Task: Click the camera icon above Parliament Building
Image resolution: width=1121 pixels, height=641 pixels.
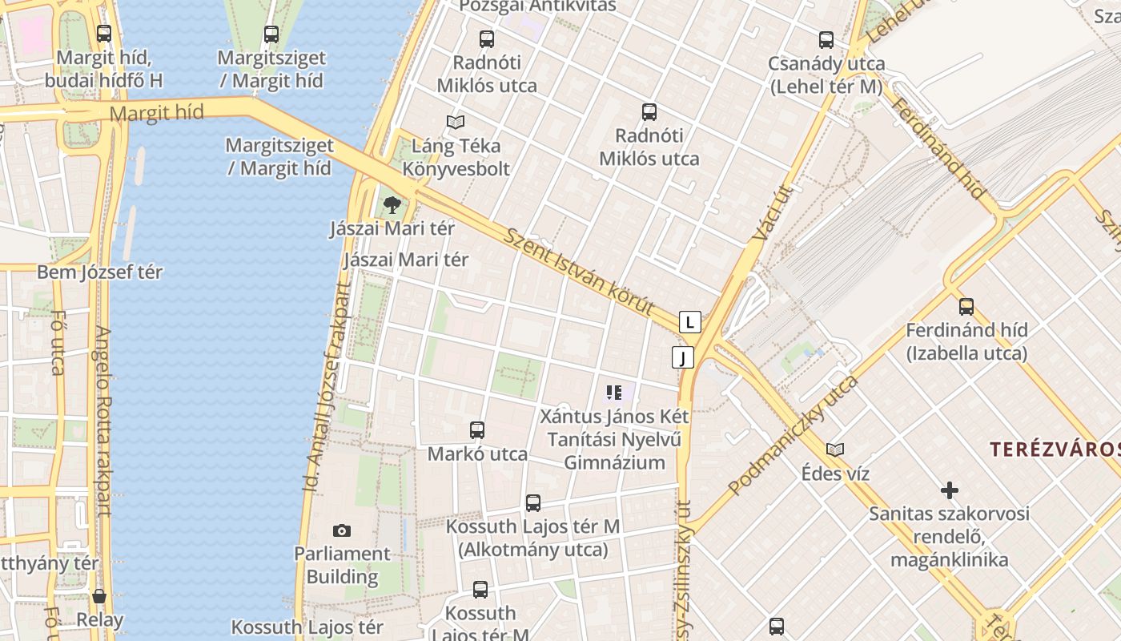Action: coord(342,530)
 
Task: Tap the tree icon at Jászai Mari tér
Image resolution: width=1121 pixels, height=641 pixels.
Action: coord(392,205)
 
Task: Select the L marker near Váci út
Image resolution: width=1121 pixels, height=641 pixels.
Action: coord(690,322)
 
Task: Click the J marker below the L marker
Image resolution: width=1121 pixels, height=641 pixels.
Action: coord(683,357)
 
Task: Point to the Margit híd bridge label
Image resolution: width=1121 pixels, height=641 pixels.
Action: coord(156,113)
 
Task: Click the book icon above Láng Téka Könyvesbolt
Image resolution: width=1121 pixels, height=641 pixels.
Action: coord(456,122)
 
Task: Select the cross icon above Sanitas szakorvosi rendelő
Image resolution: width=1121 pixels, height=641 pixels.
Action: coord(950,490)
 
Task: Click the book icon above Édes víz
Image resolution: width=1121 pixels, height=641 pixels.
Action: coord(835,450)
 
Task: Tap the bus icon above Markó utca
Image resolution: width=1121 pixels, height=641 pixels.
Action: coord(477,430)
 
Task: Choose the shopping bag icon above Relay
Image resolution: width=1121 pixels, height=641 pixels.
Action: coord(99,596)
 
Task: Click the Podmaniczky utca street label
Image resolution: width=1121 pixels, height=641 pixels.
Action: coord(793,433)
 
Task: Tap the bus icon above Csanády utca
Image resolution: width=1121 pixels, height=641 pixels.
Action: coord(826,39)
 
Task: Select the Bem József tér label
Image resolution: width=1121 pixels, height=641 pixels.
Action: coord(100,272)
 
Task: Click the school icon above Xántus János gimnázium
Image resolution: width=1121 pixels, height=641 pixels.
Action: coord(615,393)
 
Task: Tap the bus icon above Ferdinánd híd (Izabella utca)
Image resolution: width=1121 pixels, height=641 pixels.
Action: coord(966,306)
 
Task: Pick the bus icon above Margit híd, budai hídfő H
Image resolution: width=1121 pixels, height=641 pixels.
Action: coord(104,34)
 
